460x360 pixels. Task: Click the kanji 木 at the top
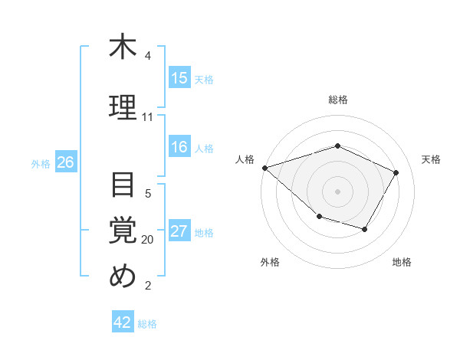[122, 47]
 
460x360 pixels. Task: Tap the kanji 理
[122, 106]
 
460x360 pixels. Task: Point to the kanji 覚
[122, 230]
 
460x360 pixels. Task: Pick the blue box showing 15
[179, 78]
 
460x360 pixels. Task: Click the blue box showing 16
[179, 147]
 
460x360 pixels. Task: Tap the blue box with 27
[179, 231]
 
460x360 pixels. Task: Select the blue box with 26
[66, 162]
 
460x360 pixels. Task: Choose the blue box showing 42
[123, 322]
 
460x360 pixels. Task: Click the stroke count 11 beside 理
[147, 117]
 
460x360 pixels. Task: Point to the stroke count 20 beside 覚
[147, 240]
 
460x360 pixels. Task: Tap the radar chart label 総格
[337, 100]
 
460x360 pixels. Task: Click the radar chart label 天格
[431, 159]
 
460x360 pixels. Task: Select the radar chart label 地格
[402, 262]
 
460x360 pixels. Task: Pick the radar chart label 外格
[270, 262]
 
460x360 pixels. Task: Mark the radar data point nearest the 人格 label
[264, 168]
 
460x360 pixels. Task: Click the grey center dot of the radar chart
[337, 191]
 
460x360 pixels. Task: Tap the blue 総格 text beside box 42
[147, 324]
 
